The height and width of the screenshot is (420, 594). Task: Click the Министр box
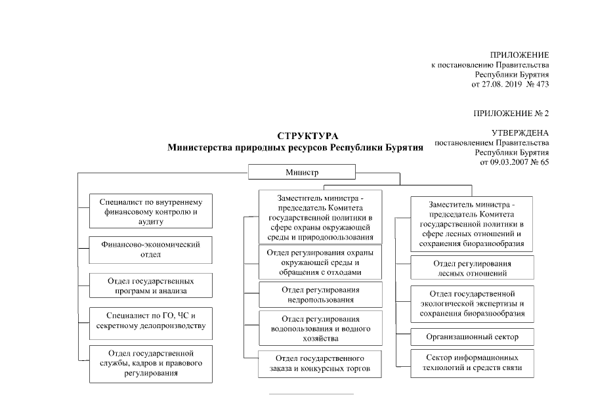tap(301, 173)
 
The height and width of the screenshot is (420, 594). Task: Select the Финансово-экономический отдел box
tap(150, 249)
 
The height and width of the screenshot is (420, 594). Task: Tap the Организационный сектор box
tap(472, 337)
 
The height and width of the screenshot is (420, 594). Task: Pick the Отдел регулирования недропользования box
tap(312, 295)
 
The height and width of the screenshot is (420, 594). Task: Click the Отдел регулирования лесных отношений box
tap(472, 268)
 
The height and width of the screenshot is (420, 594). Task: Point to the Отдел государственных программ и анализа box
tap(150, 285)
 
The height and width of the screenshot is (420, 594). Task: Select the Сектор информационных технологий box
tap(472, 363)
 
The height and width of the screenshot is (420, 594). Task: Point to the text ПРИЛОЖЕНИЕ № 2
tap(511, 113)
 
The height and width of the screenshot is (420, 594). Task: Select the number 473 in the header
tap(541, 85)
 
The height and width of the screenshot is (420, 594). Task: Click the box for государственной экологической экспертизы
tap(472, 303)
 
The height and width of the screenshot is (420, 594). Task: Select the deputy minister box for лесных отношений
tap(471, 224)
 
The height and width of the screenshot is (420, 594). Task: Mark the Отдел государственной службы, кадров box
tap(150, 364)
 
